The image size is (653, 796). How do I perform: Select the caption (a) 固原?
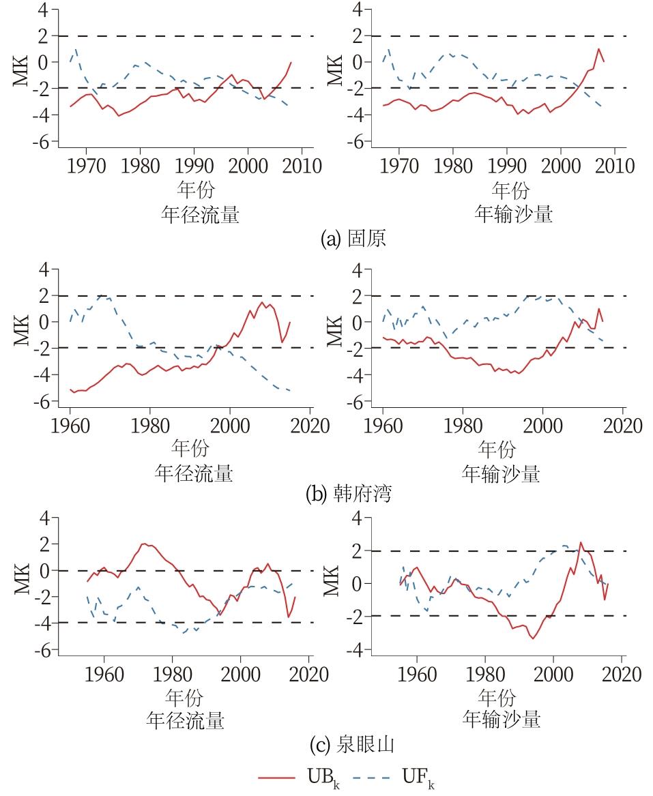pyautogui.click(x=353, y=239)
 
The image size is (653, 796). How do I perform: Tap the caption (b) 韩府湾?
pyautogui.click(x=348, y=494)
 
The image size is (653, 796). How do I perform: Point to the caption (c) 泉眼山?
pyautogui.click(x=348, y=746)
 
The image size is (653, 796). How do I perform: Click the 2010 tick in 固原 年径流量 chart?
pyautogui.click(x=302, y=166)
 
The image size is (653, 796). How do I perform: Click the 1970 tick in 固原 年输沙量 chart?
pyautogui.click(x=399, y=166)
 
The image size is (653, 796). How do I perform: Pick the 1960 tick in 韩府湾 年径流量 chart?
pyautogui.click(x=70, y=426)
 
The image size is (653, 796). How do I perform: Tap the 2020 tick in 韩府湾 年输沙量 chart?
pyautogui.click(x=622, y=426)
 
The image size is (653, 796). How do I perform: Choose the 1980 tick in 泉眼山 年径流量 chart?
pyautogui.click(x=172, y=674)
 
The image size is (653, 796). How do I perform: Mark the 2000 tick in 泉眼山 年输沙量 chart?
pyautogui.click(x=553, y=674)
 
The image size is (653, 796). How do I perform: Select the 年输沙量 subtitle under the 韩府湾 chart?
pyautogui.click(x=501, y=473)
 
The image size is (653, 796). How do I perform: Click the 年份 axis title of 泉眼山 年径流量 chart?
pyautogui.click(x=184, y=698)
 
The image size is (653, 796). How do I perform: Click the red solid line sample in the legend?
pyautogui.click(x=277, y=778)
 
